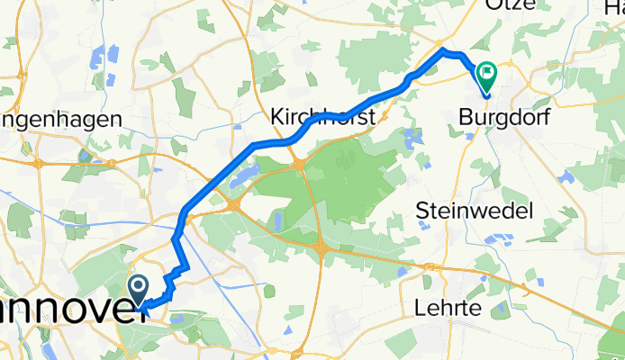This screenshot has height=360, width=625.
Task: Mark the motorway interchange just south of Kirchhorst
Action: [298, 163]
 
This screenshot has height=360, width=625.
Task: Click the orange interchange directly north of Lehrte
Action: [431, 267]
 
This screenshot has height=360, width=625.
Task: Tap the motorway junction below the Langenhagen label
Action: [40, 163]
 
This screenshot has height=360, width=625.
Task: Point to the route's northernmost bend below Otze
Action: [444, 49]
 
